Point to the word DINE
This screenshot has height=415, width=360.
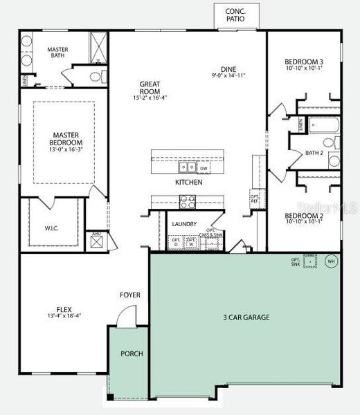click(x=228, y=68)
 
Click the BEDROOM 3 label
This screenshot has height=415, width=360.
click(x=305, y=62)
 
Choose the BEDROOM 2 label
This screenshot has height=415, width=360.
click(x=305, y=216)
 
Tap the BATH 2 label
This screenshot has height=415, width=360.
click(x=314, y=153)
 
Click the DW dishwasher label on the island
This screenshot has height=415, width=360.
click(x=204, y=168)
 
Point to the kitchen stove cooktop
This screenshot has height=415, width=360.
click(x=187, y=201)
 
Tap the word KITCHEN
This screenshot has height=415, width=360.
click(x=188, y=183)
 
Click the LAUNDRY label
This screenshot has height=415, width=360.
click(x=184, y=224)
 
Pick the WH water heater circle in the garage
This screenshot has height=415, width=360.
click(x=330, y=261)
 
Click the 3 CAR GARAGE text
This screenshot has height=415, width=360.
click(x=246, y=317)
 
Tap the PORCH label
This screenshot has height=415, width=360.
click(x=132, y=353)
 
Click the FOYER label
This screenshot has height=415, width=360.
click(x=130, y=295)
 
